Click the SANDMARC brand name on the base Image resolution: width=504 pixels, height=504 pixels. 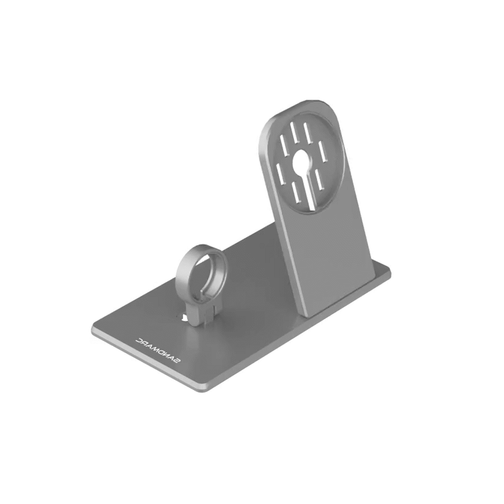(x=158, y=350)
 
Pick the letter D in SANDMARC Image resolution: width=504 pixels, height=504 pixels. (x=161, y=352)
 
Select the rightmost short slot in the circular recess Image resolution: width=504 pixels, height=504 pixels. (x=322, y=151)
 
